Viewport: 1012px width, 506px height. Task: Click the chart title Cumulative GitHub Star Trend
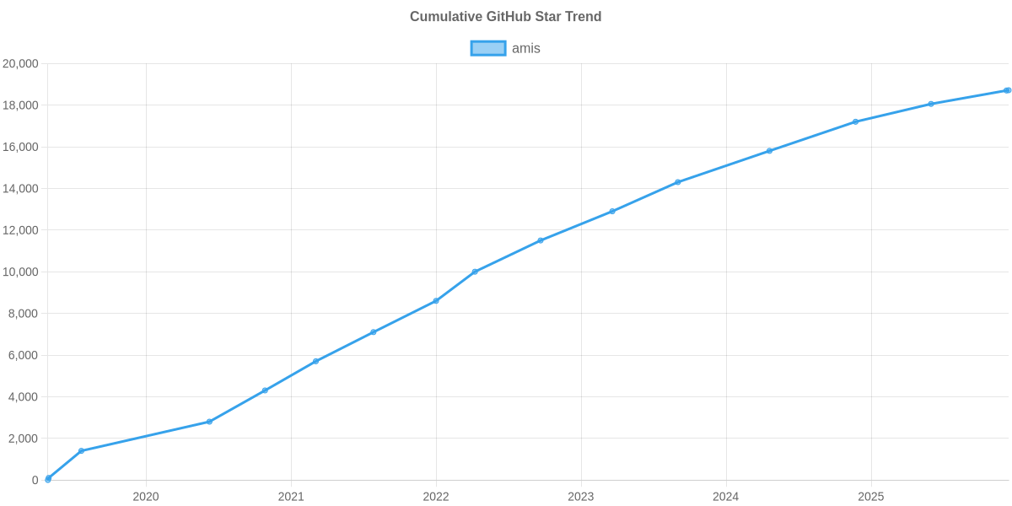point(505,16)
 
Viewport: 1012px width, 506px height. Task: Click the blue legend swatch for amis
point(487,48)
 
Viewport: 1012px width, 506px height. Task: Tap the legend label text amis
point(526,48)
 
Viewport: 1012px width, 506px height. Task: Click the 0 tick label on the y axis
point(35,480)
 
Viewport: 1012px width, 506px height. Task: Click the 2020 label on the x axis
point(146,497)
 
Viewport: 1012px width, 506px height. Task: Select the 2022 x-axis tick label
point(436,497)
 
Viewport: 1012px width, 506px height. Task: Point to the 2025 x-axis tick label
point(870,497)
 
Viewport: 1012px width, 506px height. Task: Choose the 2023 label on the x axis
point(581,497)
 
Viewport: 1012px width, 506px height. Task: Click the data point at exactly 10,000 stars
point(475,272)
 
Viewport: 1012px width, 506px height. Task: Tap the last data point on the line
point(1007,90)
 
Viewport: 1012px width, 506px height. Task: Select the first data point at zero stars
point(48,479)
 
